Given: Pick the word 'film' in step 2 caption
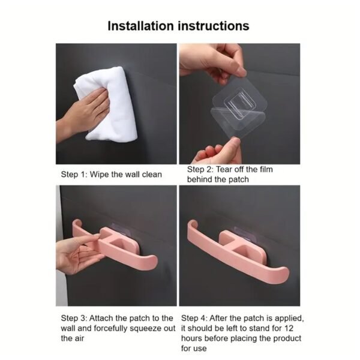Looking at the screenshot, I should (262, 169).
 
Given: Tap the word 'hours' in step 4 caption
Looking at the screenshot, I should (194, 338).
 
